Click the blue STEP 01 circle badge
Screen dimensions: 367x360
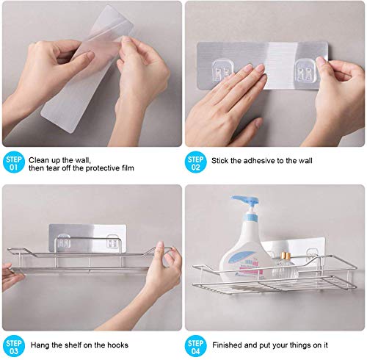point(14,163)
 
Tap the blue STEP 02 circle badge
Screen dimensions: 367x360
point(195,163)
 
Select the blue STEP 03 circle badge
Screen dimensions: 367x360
point(14,347)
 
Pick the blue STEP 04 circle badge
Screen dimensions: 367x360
point(195,347)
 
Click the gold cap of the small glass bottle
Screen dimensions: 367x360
point(286,256)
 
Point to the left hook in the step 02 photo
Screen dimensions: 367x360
point(222,71)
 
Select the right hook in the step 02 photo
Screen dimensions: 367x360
point(305,71)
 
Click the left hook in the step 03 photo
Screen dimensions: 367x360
point(64,241)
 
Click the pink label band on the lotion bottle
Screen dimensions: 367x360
point(251,271)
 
